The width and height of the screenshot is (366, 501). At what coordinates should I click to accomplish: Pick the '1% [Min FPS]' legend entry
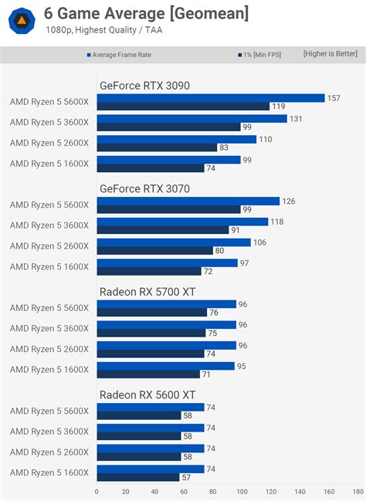click(x=262, y=55)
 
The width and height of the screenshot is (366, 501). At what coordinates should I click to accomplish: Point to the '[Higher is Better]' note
click(x=330, y=54)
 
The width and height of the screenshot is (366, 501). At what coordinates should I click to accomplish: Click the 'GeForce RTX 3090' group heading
click(x=144, y=86)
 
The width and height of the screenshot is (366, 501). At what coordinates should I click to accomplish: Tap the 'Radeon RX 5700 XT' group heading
click(x=147, y=291)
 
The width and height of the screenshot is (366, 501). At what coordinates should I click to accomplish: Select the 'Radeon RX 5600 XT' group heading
click(x=147, y=394)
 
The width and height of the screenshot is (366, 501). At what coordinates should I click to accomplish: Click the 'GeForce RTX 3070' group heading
click(x=144, y=188)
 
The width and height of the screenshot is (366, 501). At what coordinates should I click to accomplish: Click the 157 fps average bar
click(x=211, y=98)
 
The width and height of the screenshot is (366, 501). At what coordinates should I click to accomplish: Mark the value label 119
click(x=278, y=107)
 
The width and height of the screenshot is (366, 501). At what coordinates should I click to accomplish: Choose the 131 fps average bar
click(x=191, y=119)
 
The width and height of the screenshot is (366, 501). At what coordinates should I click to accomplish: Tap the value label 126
click(x=290, y=201)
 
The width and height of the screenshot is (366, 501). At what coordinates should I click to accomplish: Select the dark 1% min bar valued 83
click(x=157, y=147)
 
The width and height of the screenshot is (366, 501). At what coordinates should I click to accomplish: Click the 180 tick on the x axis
click(x=358, y=491)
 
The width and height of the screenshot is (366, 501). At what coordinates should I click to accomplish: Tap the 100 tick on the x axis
click(x=242, y=491)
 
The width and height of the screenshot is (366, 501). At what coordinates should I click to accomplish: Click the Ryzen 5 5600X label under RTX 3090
click(x=49, y=102)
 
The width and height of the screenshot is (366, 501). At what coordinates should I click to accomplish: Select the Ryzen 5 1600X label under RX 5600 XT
click(x=49, y=472)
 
